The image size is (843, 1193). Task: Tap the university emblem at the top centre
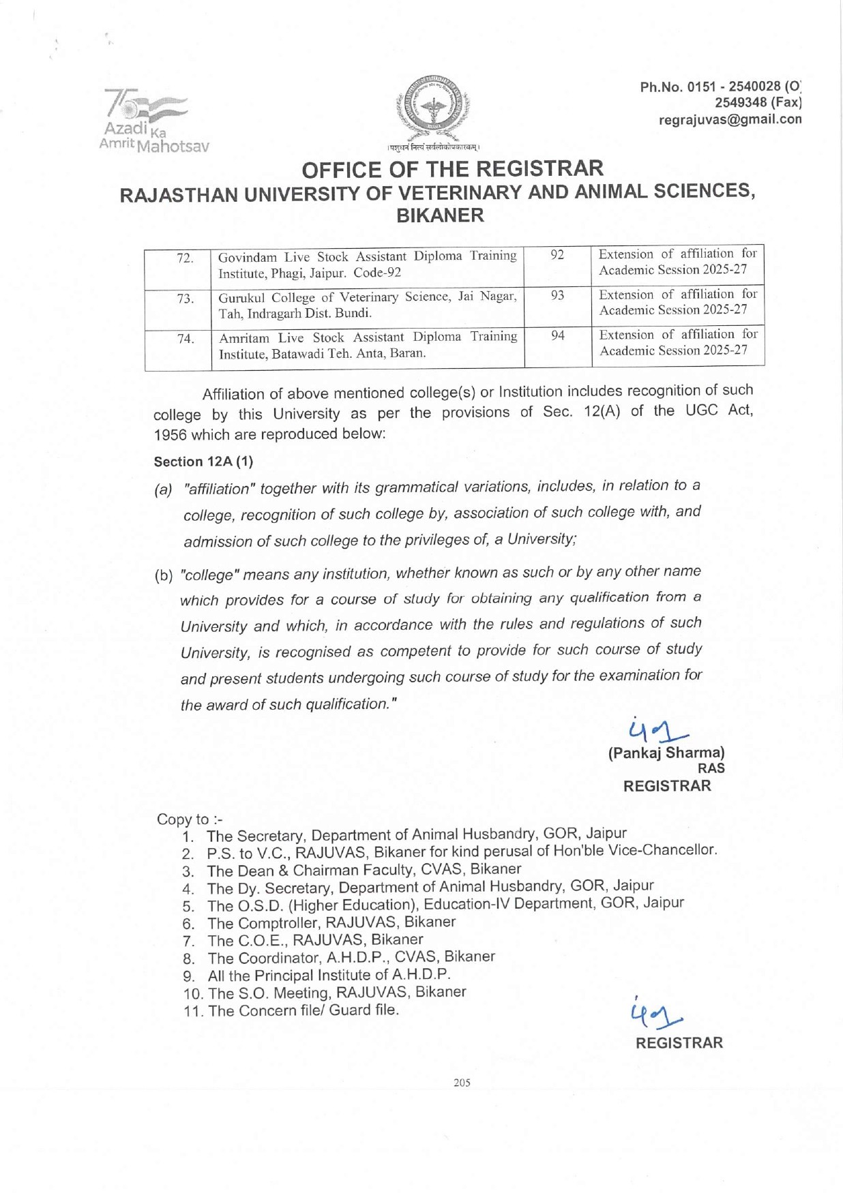pyautogui.click(x=432, y=109)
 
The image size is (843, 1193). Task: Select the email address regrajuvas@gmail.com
pyautogui.click(x=730, y=119)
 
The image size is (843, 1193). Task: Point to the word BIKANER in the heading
pyautogui.click(x=440, y=215)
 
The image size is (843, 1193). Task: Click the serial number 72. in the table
pyautogui.click(x=185, y=258)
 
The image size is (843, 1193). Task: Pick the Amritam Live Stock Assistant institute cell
pyautogui.click(x=368, y=345)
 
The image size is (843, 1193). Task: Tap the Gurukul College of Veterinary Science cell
pyautogui.click(x=368, y=305)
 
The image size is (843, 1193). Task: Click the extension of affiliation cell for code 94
pyautogui.click(x=678, y=342)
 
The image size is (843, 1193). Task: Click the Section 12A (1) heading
pyautogui.click(x=203, y=462)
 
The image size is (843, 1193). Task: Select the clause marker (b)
pyautogui.click(x=164, y=575)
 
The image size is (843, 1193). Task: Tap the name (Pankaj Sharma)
pyautogui.click(x=666, y=753)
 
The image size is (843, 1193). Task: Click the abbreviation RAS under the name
pyautogui.click(x=711, y=768)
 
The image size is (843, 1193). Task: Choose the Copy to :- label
pyautogui.click(x=189, y=819)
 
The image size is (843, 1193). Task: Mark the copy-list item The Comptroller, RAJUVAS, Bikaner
pyautogui.click(x=331, y=922)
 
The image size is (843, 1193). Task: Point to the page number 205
pyautogui.click(x=462, y=1083)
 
